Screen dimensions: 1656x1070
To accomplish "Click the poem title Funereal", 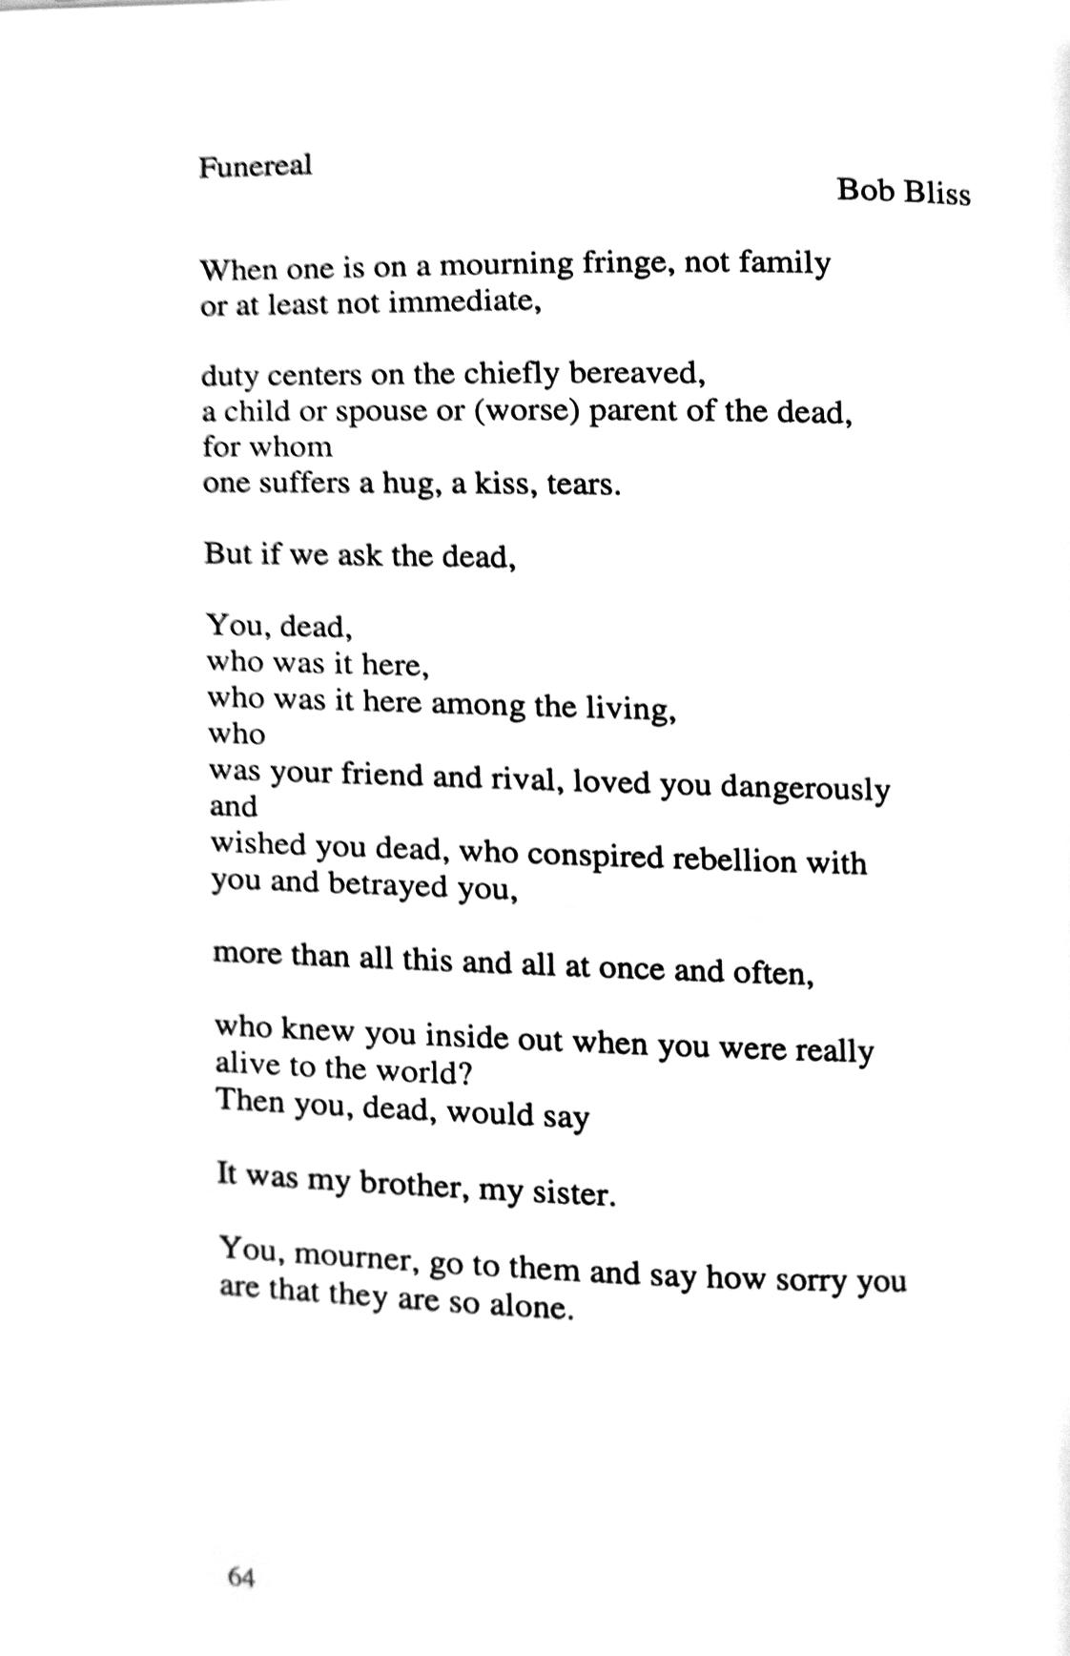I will pyautogui.click(x=255, y=166).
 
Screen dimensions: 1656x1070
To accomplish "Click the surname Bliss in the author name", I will pyautogui.click(x=936, y=193).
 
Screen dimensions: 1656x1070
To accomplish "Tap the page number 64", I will pyautogui.click(x=241, y=1578).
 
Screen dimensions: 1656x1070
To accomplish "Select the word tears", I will pyautogui.click(x=584, y=485).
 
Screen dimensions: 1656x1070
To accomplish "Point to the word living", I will pyautogui.click(x=629, y=708).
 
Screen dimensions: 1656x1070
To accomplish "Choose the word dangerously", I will pyautogui.click(x=805, y=787).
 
